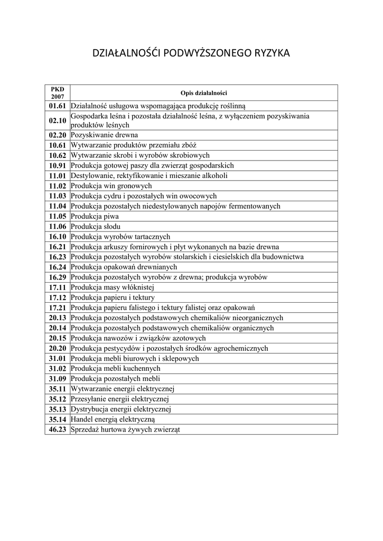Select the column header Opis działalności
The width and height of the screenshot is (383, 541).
203,93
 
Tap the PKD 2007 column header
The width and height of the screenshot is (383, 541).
58,93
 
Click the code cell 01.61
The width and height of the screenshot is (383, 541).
58,106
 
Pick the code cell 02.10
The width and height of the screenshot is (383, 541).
58,120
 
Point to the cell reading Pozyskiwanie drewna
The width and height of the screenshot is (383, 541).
104,135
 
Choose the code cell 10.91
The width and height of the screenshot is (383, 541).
58,165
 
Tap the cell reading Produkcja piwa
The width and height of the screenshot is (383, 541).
95,217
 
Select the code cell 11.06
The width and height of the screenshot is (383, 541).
58,227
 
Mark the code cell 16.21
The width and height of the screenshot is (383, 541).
58,247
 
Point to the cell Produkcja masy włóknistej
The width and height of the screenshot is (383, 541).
112,287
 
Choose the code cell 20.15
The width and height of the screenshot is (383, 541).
58,338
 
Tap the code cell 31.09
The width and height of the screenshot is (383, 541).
58,379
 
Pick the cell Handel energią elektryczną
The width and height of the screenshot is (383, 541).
113,419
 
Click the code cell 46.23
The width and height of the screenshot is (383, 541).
58,430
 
